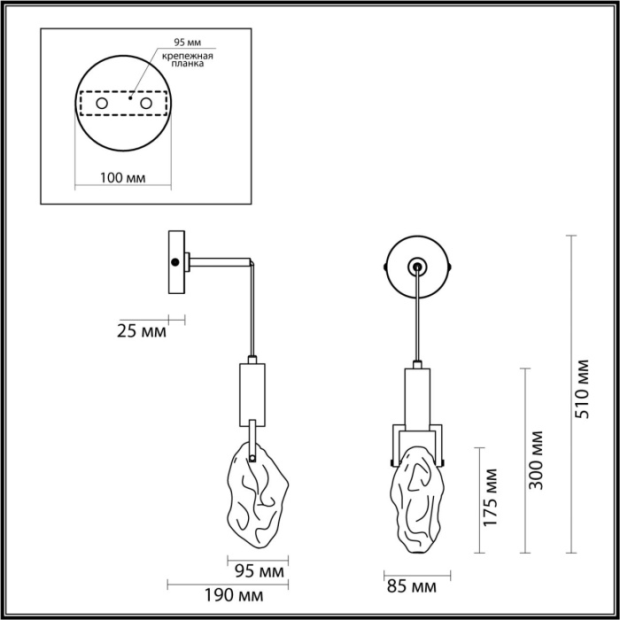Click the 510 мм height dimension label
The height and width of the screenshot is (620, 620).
point(581,390)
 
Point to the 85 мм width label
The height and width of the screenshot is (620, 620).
point(411,586)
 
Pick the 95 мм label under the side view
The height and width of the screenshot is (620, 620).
point(258,570)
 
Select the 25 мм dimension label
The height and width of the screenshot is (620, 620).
point(142,332)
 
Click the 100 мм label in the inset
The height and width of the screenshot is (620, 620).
point(122,177)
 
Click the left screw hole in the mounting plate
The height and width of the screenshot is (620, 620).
point(102,105)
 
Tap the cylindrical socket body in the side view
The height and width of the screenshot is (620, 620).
point(252,391)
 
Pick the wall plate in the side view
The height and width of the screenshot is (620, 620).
point(177,262)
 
